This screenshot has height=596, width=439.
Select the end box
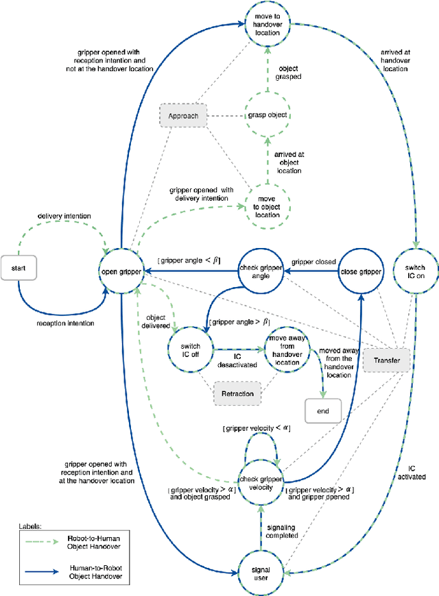click(x=322, y=411)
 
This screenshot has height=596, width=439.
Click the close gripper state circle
click(x=360, y=272)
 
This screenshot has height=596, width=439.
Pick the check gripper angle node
click(x=261, y=271)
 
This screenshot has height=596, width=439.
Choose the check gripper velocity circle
click(x=260, y=483)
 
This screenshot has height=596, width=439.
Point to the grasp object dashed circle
click(x=268, y=116)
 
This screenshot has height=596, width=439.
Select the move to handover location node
click(x=268, y=25)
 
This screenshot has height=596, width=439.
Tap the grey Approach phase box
click(x=182, y=116)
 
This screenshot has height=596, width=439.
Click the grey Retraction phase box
click(x=237, y=393)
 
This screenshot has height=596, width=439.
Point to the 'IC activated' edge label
click(x=412, y=472)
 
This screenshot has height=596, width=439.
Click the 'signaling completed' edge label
click(x=281, y=530)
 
